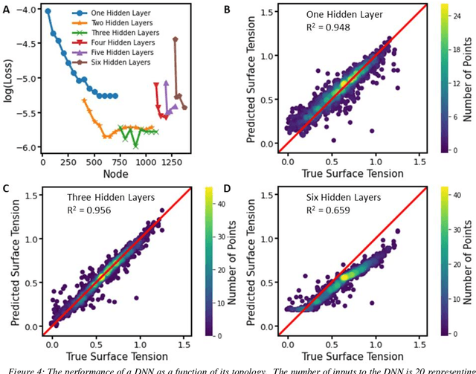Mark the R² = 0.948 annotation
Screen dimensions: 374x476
click(x=324, y=29)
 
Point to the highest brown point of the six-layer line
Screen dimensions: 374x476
click(x=176, y=39)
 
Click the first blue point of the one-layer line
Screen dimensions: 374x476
click(x=48, y=11)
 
